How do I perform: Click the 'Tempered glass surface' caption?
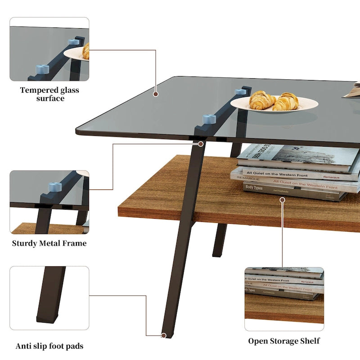tap(49, 94)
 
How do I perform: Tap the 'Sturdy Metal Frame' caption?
tap(49, 243)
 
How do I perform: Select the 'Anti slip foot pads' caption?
tap(49, 346)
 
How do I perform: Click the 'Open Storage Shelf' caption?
tap(284, 341)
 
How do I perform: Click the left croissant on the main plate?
tap(262, 100)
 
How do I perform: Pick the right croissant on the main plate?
tap(286, 101)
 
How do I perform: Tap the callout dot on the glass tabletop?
tap(156, 94)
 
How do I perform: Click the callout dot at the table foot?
tap(164, 335)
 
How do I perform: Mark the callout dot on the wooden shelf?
tap(283, 199)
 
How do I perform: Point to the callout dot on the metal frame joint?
tap(201, 144)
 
